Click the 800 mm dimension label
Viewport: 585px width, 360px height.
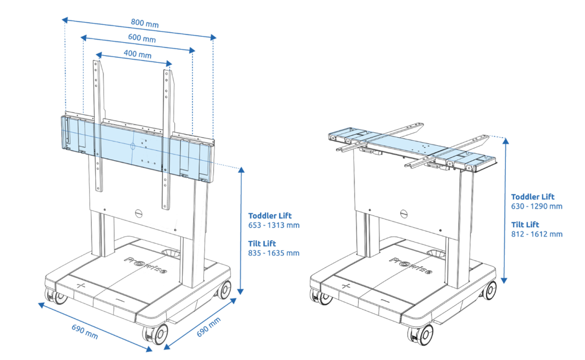[145, 23]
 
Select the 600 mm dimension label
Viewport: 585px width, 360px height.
[142, 39]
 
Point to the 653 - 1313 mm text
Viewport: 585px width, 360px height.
[274, 225]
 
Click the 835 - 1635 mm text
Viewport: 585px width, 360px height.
[274, 253]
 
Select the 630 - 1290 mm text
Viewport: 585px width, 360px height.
[537, 207]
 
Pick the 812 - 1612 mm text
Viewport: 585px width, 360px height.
[537, 234]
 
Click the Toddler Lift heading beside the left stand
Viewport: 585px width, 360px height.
[270, 215]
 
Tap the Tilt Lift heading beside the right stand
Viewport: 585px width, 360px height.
[525, 224]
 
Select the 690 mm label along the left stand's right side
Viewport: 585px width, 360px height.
[209, 327]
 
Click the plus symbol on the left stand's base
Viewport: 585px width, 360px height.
[80, 286]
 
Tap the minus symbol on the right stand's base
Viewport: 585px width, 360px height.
[385, 301]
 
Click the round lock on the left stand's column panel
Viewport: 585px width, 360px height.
[138, 213]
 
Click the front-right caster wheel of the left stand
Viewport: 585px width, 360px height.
[159, 333]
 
